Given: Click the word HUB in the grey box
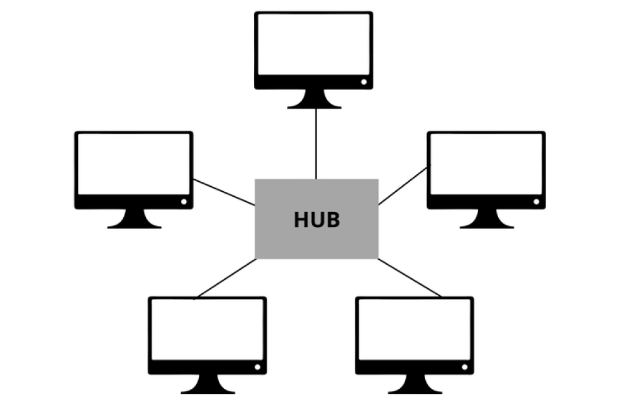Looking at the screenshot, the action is [317, 220].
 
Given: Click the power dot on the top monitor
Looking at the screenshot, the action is [364, 82].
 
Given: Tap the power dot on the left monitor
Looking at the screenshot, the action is [184, 201].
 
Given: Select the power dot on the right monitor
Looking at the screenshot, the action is [537, 201].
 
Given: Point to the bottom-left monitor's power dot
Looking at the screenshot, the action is [257, 367].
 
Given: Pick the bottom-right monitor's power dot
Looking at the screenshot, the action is [465, 367].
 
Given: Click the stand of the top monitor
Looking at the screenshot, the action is [314, 99].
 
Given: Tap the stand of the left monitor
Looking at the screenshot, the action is [135, 219].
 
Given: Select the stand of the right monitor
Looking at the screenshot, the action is [487, 219].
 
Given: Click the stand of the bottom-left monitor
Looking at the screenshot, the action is [208, 384].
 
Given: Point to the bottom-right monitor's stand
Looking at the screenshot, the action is [415, 384].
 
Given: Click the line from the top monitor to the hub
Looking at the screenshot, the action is [316, 144].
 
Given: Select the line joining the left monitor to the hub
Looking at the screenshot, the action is [224, 193].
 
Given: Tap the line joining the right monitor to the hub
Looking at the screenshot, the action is [403, 186].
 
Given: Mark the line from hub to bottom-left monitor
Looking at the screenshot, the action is [225, 279].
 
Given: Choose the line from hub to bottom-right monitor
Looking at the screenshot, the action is [409, 278].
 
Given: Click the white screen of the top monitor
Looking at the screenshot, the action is [314, 44].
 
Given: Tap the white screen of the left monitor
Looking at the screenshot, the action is [134, 164].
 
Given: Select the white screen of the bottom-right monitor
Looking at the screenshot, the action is [415, 330].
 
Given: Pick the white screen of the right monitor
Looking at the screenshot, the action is [486, 164].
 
